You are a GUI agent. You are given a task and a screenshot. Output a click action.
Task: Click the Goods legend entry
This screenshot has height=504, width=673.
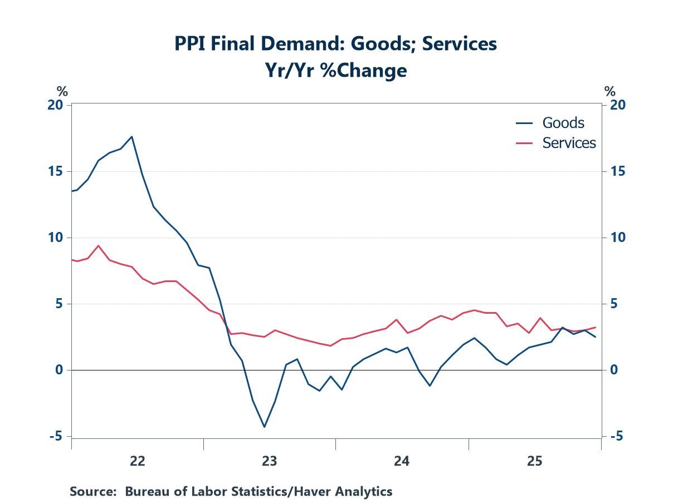(563, 123)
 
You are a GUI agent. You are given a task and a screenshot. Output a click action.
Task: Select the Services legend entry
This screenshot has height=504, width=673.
(569, 143)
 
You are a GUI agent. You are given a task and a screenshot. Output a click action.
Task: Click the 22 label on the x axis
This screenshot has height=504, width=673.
(137, 461)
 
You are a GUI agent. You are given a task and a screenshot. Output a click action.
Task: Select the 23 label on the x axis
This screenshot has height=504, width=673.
(270, 461)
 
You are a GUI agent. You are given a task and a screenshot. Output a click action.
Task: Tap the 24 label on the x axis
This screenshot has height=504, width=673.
(402, 461)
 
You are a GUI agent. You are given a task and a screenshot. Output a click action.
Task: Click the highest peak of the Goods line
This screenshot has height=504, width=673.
(131, 136)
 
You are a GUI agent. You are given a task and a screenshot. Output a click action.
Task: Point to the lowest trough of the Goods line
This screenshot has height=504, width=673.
(264, 427)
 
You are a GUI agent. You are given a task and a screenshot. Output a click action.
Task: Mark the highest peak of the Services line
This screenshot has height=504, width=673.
(98, 245)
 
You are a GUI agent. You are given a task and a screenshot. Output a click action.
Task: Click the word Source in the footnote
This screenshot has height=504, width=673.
(91, 491)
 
